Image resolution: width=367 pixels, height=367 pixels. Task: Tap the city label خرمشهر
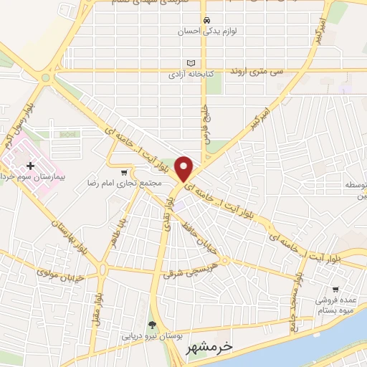209,348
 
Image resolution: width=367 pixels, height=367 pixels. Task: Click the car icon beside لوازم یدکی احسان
206,19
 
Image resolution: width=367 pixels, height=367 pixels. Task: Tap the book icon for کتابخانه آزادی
191,62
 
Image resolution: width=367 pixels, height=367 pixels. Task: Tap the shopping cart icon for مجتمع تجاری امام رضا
125,172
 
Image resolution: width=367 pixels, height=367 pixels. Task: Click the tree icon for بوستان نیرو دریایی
151,323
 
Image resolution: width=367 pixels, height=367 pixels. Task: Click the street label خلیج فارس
204,121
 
